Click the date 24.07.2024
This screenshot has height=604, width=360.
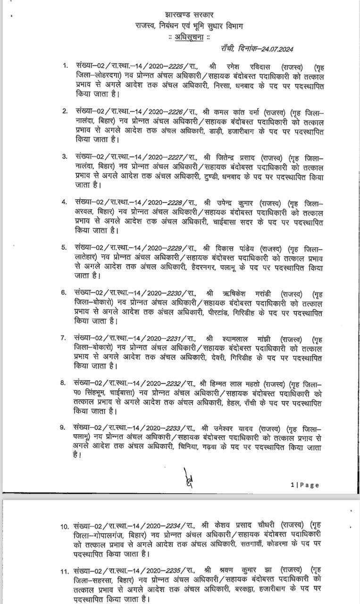click(x=281, y=49)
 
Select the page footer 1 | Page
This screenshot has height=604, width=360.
click(x=305, y=485)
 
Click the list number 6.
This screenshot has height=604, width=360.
click(x=63, y=293)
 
